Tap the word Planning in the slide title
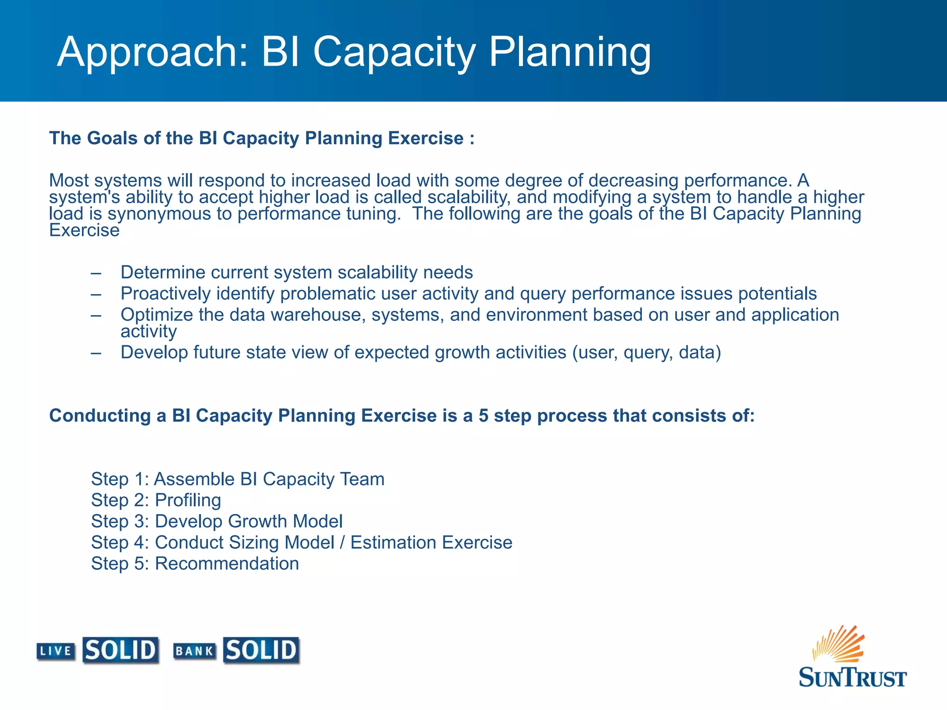(570, 53)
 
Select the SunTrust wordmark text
(852, 678)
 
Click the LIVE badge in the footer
(56, 651)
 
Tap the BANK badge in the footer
(194, 651)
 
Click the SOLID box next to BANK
(261, 650)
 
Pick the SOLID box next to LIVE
(121, 650)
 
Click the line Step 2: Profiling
(156, 500)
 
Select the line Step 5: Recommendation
(195, 563)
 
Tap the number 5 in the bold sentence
(483, 416)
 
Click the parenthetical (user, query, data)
(646, 353)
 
